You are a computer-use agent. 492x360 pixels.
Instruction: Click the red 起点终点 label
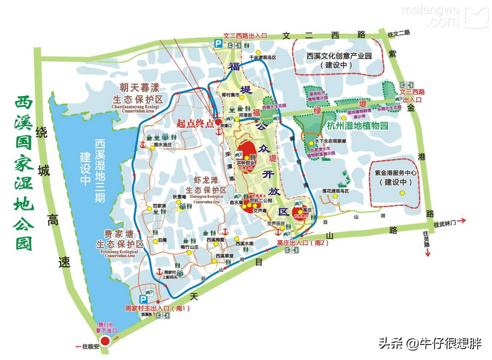pyautogui.click(x=195, y=123)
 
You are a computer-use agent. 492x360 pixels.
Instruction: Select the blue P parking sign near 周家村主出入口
pyautogui.click(x=144, y=299)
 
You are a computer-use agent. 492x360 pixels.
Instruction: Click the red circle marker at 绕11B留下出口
pyautogui.click(x=105, y=341)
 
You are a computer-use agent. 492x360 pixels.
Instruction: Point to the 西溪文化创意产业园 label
pyautogui.click(x=339, y=56)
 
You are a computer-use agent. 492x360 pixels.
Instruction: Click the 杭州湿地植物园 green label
pyautogui.click(x=357, y=126)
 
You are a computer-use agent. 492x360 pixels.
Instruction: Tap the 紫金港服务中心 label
pyautogui.click(x=395, y=173)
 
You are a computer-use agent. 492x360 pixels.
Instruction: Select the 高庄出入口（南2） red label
pyautogui.click(x=303, y=243)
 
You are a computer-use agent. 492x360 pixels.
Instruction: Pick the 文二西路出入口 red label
pyautogui.click(x=245, y=36)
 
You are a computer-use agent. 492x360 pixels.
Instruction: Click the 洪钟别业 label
pyautogui.click(x=246, y=163)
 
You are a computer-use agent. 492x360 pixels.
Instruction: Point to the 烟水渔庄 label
pyautogui.click(x=163, y=145)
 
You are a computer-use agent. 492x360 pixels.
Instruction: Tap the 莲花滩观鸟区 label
pyautogui.click(x=335, y=191)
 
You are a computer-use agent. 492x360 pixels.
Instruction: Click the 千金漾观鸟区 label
pyautogui.click(x=263, y=57)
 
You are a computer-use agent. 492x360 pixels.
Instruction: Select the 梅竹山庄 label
pyautogui.click(x=190, y=247)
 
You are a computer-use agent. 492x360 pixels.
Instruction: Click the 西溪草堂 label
pyautogui.click(x=225, y=256)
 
